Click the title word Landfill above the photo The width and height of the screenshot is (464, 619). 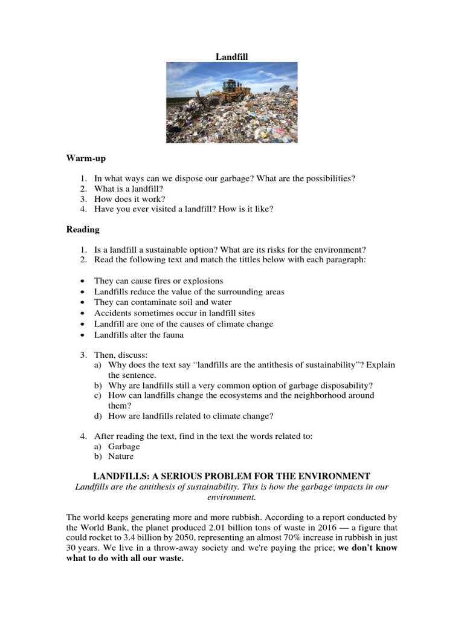(232, 57)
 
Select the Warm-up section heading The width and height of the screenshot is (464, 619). (86, 158)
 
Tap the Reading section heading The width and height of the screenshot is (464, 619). (83, 230)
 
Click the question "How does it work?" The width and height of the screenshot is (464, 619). (130, 198)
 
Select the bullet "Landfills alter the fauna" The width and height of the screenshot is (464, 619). (139, 335)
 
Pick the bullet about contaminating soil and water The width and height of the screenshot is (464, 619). (163, 302)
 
